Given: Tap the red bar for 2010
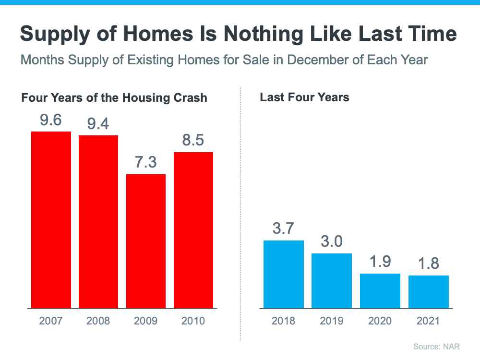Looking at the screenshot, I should [193, 230].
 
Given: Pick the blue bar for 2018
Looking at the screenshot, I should [284, 274].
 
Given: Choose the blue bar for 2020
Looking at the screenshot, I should [380, 291].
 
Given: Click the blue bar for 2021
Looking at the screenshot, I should [429, 292].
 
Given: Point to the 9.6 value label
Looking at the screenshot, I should [51, 120].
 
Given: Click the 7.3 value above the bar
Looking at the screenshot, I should [146, 162].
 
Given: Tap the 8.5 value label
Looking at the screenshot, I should [193, 140].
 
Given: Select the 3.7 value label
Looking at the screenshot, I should [284, 228].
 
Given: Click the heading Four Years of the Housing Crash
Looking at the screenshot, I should [114, 98].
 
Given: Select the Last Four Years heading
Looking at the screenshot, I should [304, 97].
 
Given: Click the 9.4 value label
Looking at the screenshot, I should [98, 124].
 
